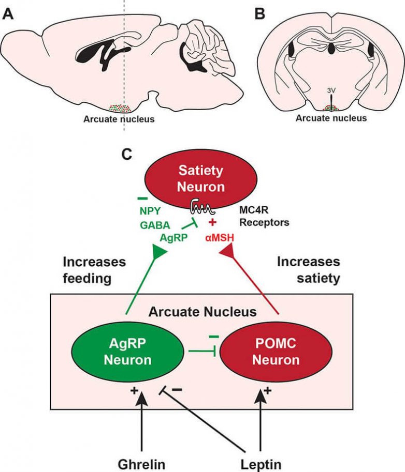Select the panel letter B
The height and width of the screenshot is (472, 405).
tap(259, 13)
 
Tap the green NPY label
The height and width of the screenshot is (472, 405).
tap(150, 211)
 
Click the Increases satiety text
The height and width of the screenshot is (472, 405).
tap(308, 269)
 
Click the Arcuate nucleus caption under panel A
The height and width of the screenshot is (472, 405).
tap(119, 119)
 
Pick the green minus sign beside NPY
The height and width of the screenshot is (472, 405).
tap(143, 198)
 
